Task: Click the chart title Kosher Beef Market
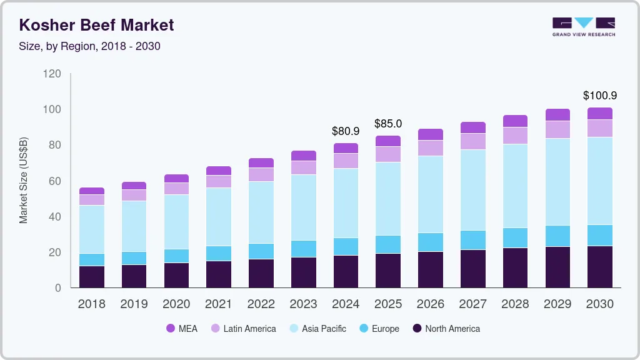click(96, 25)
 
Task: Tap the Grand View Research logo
click(583, 27)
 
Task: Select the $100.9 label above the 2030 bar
click(600, 96)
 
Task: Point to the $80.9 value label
click(346, 131)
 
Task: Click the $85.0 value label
click(388, 124)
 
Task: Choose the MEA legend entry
click(182, 328)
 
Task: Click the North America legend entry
click(446, 328)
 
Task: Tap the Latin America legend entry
click(243, 328)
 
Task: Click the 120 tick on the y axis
click(52, 74)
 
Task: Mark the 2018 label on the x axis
click(92, 304)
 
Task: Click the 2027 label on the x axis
click(473, 304)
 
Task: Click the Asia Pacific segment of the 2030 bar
click(600, 181)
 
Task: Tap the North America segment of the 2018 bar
click(92, 277)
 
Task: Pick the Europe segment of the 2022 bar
click(261, 251)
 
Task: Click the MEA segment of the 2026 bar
click(431, 134)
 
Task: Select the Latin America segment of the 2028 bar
click(516, 136)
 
